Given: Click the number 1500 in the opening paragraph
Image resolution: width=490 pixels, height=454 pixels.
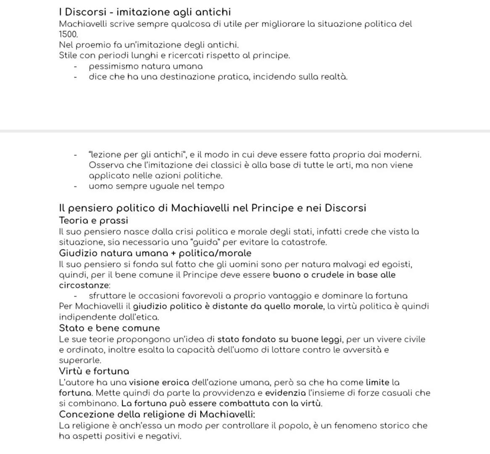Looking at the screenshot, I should [68, 34].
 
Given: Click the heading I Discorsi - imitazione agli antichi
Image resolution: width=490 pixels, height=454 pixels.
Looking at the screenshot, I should [145, 12].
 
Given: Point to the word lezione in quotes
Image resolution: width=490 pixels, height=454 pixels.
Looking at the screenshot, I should [105, 155].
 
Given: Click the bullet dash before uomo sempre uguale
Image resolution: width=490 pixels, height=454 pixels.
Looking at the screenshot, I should [75, 186].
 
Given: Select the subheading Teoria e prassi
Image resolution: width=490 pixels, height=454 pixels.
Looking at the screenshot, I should [93, 220].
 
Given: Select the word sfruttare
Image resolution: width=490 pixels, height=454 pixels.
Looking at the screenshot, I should [107, 296].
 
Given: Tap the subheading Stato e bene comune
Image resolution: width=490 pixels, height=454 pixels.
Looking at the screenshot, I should [109, 328].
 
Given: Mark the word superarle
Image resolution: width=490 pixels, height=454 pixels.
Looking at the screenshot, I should [80, 360].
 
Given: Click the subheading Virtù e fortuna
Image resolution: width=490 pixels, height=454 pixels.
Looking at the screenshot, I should [94, 371].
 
